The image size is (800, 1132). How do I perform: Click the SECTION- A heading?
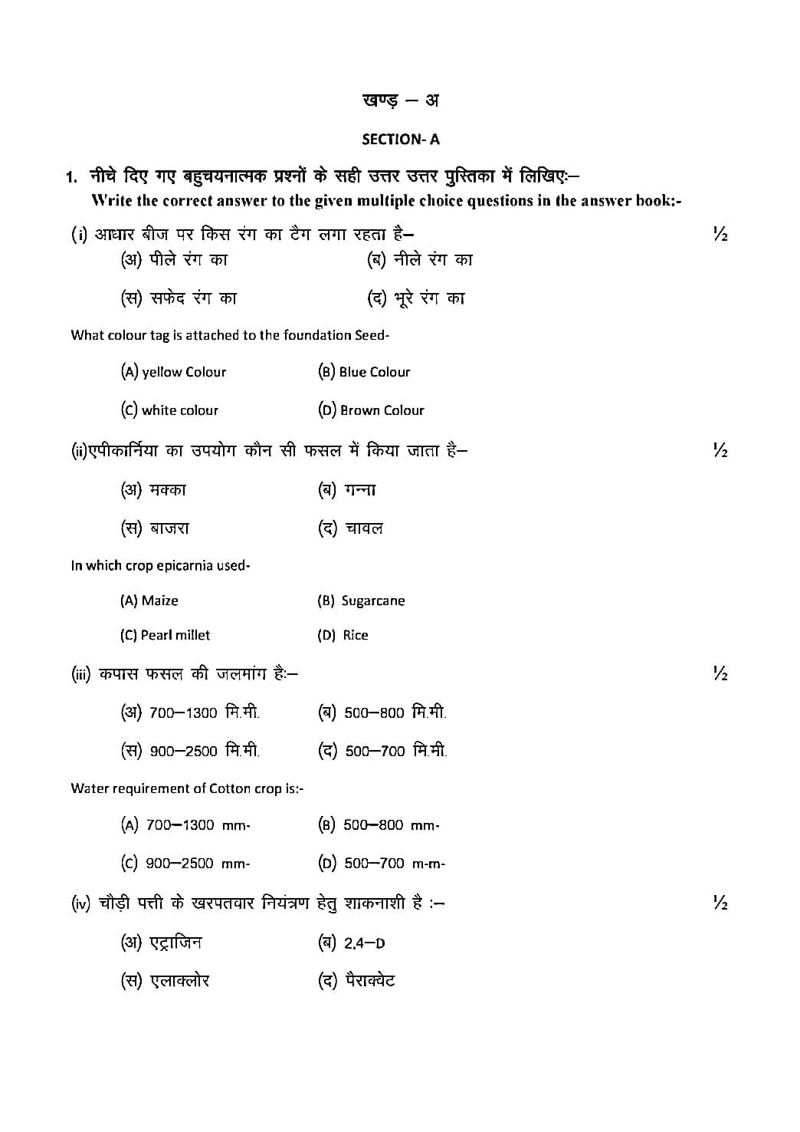[400, 140]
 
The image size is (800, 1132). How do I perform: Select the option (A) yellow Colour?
[173, 372]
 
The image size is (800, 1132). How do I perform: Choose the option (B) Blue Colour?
[364, 372]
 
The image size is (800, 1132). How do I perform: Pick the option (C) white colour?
[169, 410]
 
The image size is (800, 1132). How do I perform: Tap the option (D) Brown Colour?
[371, 410]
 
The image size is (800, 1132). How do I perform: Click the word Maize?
[159, 601]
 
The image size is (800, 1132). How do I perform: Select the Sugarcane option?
[372, 601]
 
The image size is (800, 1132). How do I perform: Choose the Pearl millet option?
[175, 635]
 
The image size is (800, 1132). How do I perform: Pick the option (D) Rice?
[343, 635]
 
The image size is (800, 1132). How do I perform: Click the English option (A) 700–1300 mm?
[185, 825]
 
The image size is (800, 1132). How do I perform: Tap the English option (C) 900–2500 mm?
[185, 864]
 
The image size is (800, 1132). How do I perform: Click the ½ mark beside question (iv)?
[720, 903]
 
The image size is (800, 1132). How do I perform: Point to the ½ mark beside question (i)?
[720, 234]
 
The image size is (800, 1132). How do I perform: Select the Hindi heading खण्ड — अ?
[400, 100]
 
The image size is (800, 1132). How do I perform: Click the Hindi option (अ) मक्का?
[153, 490]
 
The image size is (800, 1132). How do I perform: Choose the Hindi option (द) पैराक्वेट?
[356, 981]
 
